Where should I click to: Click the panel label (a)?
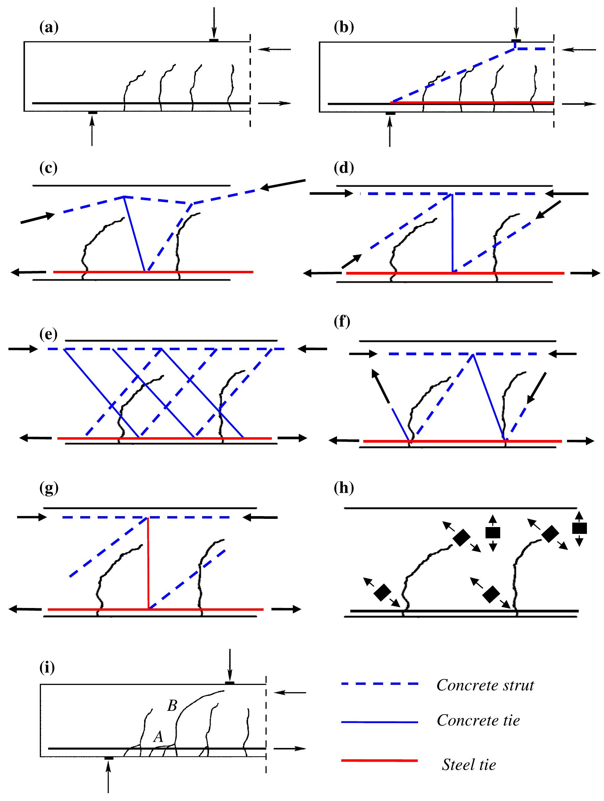pos(48,28)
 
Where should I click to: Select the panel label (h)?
pos(343,488)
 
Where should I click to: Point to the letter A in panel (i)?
pos(158,737)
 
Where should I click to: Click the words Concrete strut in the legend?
pos(485,685)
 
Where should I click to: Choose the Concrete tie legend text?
pos(478,720)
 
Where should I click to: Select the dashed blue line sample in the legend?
pos(379,684)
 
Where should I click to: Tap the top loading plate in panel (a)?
pos(213,40)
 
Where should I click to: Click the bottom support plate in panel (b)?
pos(390,114)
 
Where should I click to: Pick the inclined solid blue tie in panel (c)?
pos(134,234)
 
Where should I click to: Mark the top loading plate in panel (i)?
pos(229,683)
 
